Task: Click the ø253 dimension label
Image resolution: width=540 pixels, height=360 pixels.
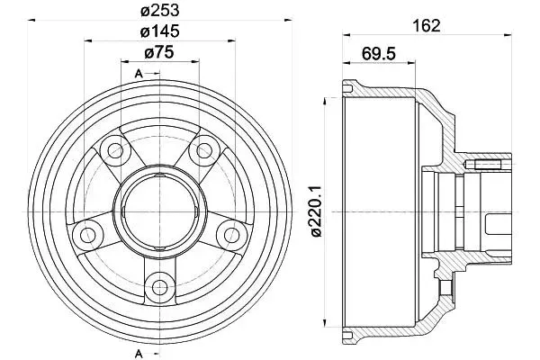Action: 160,11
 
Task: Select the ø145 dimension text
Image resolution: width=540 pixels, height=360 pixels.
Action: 160,31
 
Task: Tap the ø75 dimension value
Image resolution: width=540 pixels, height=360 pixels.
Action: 159,53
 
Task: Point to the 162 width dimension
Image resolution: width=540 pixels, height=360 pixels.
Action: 427,26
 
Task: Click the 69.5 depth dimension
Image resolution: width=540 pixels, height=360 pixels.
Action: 379,54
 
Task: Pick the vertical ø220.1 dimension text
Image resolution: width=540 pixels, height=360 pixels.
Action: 316,211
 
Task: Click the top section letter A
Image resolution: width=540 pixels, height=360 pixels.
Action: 139,74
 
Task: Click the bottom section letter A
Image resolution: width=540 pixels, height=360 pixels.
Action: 139,353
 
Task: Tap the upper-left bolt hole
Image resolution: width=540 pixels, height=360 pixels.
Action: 115,150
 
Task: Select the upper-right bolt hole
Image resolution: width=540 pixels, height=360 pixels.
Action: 204,150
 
